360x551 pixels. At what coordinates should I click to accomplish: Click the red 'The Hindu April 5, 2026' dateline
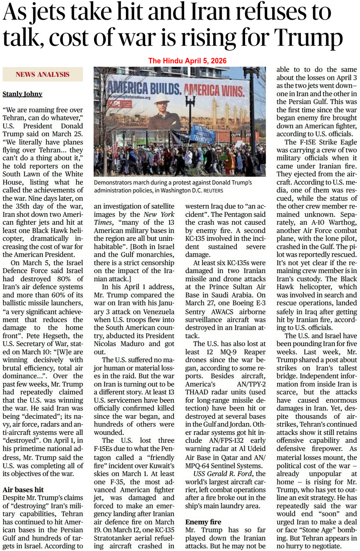[187, 61]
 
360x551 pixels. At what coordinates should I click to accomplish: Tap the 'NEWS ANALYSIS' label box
[42, 74]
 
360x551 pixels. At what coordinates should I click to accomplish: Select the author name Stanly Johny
[22, 94]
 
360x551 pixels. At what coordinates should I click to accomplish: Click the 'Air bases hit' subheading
[23, 490]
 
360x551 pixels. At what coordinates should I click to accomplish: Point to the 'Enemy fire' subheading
[203, 522]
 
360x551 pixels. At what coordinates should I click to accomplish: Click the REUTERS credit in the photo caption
[213, 190]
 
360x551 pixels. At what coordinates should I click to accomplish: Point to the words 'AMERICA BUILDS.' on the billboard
[144, 88]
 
